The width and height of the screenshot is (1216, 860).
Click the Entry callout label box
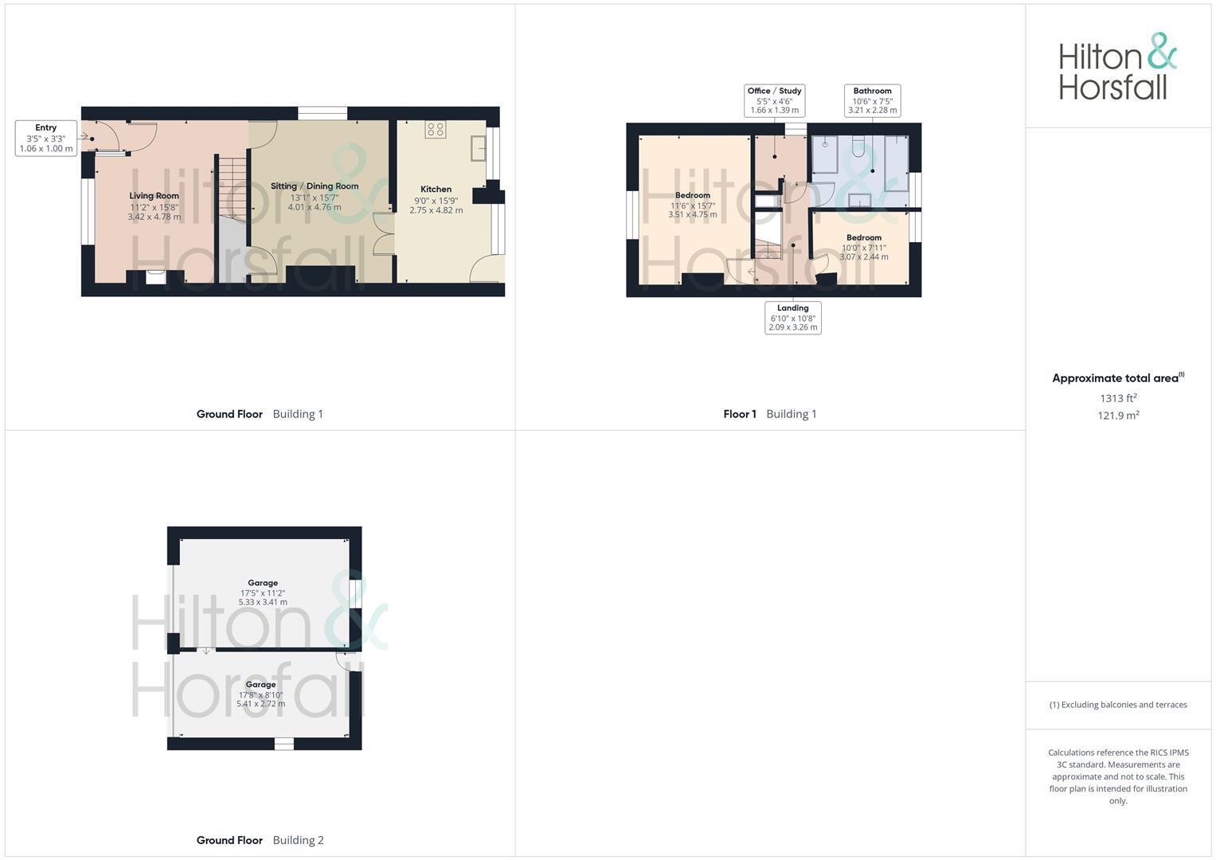click(46, 139)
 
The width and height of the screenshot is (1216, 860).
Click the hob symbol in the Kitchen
click(436, 130)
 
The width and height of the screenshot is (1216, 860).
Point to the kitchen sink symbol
click(479, 148)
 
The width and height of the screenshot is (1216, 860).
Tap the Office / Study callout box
click(775, 100)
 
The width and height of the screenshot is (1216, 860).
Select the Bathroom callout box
click(872, 100)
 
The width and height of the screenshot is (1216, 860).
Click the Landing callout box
click(792, 318)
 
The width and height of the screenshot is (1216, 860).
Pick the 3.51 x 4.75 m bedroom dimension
click(693, 215)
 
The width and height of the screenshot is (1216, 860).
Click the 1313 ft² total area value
click(1118, 398)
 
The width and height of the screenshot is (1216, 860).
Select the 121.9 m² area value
click(1118, 416)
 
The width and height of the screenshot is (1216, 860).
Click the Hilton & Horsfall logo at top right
click(1117, 66)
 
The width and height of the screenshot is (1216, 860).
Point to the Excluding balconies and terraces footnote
click(1118, 705)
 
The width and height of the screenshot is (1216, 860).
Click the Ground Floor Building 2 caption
click(260, 840)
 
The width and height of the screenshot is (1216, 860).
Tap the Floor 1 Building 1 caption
click(770, 414)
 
